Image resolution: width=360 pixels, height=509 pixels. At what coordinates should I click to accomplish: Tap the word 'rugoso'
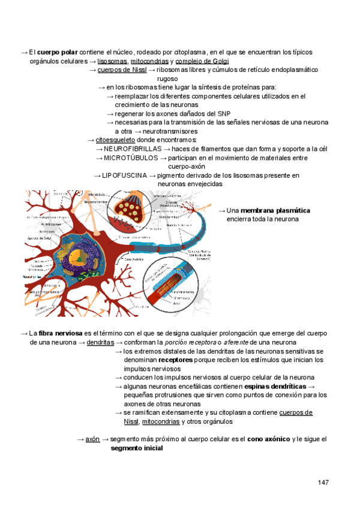tap(167, 79)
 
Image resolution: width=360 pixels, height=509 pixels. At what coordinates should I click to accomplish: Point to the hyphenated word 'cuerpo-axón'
tap(187, 166)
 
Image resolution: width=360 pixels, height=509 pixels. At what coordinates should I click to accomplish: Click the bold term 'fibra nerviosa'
tap(61, 333)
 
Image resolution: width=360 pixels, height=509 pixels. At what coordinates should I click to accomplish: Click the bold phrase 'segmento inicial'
tap(136, 448)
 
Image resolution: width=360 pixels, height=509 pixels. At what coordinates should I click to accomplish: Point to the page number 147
tap(324, 483)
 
